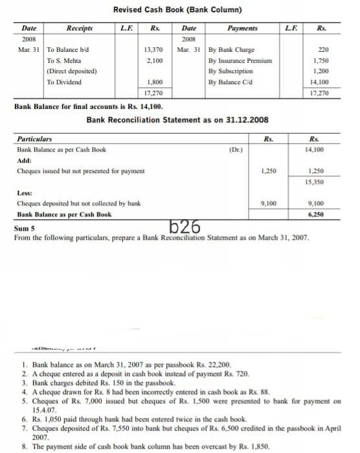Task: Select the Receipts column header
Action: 79,29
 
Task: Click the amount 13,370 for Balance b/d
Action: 153,50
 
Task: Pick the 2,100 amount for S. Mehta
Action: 154,60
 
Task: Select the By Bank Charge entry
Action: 231,50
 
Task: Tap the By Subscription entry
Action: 231,71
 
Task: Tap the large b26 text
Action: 184,226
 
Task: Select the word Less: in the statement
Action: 24,192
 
